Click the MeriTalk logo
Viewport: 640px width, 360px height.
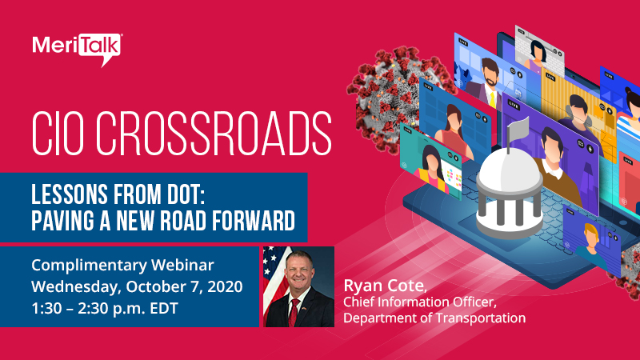click(77, 46)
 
